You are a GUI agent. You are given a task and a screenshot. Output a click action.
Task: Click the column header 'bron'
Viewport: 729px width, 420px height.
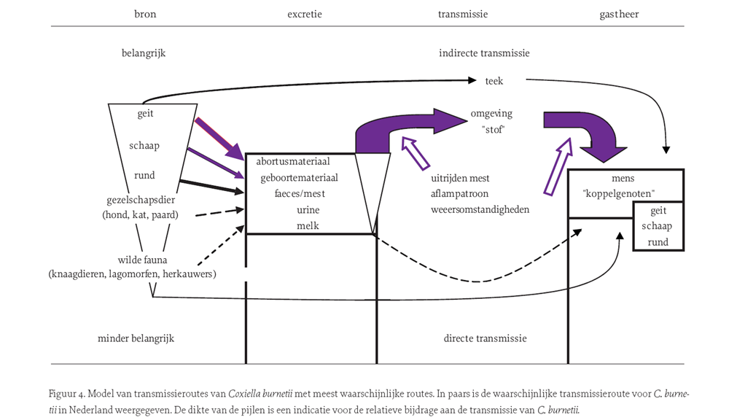pyautogui.click(x=145, y=14)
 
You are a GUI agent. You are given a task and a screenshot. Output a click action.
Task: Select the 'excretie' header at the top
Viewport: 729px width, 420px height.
pyautogui.click(x=305, y=14)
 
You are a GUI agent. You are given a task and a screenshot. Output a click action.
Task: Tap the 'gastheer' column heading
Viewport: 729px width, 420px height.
pyautogui.click(x=619, y=14)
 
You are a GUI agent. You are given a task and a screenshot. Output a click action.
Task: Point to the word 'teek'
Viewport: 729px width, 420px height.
pyautogui.click(x=494, y=81)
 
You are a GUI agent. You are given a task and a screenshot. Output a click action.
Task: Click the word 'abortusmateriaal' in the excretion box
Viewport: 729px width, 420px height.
pyautogui.click(x=293, y=161)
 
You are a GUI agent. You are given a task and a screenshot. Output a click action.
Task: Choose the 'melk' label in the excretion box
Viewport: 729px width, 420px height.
pyautogui.click(x=308, y=225)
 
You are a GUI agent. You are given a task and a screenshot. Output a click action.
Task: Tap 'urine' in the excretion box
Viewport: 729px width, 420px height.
pyautogui.click(x=308, y=210)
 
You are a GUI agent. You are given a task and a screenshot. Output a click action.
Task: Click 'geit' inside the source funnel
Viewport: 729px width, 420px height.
pyautogui.click(x=145, y=114)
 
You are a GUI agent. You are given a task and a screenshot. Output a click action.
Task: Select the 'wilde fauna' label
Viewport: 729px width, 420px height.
pyautogui.click(x=142, y=260)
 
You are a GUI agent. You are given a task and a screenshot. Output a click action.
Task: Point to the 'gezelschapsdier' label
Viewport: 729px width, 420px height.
pyautogui.click(x=141, y=200)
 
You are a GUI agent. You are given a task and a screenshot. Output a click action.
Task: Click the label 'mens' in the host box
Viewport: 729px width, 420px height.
pyautogui.click(x=623, y=178)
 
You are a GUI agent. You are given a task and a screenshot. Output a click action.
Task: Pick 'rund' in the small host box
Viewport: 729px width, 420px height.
pyautogui.click(x=658, y=242)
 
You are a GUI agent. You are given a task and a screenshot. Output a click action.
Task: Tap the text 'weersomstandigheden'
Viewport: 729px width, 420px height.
pyautogui.click(x=480, y=209)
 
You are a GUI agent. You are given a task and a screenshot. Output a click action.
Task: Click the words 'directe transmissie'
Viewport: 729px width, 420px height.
pyautogui.click(x=485, y=338)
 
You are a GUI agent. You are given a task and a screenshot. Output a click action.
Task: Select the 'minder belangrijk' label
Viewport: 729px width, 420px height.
pyautogui.click(x=136, y=338)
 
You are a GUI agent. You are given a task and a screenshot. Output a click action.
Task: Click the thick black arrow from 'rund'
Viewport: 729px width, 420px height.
pyautogui.click(x=212, y=186)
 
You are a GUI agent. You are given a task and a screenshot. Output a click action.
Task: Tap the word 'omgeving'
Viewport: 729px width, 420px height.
pyautogui.click(x=491, y=114)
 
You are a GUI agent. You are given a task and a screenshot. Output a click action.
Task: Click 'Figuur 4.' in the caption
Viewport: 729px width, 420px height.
pyautogui.click(x=67, y=394)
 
